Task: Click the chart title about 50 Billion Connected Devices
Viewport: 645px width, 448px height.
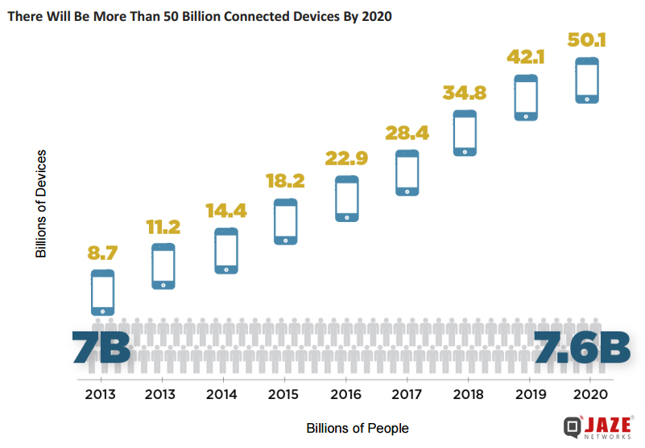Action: tap(199, 15)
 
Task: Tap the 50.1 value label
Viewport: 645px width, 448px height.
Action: tap(586, 39)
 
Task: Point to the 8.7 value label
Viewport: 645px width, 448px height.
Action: tap(102, 253)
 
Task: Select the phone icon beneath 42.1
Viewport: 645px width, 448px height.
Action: tap(526, 97)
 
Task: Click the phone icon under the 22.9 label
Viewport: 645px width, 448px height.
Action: tap(347, 198)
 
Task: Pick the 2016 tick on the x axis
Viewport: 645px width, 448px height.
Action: tap(345, 395)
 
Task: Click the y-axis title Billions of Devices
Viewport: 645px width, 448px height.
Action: tap(41, 203)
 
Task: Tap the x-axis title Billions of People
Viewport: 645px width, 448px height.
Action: tap(358, 428)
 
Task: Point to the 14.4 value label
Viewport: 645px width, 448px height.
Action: tap(225, 212)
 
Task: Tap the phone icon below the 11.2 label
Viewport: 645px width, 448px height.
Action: tap(163, 266)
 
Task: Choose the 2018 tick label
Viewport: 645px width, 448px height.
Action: tap(468, 395)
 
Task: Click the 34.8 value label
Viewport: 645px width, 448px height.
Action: tap(465, 92)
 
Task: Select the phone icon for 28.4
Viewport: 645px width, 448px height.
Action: tap(407, 173)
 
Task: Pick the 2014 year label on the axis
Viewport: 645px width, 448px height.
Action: tap(221, 395)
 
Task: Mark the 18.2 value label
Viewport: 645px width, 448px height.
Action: tap(286, 180)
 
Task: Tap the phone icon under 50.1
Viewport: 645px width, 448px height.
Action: tap(587, 80)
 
